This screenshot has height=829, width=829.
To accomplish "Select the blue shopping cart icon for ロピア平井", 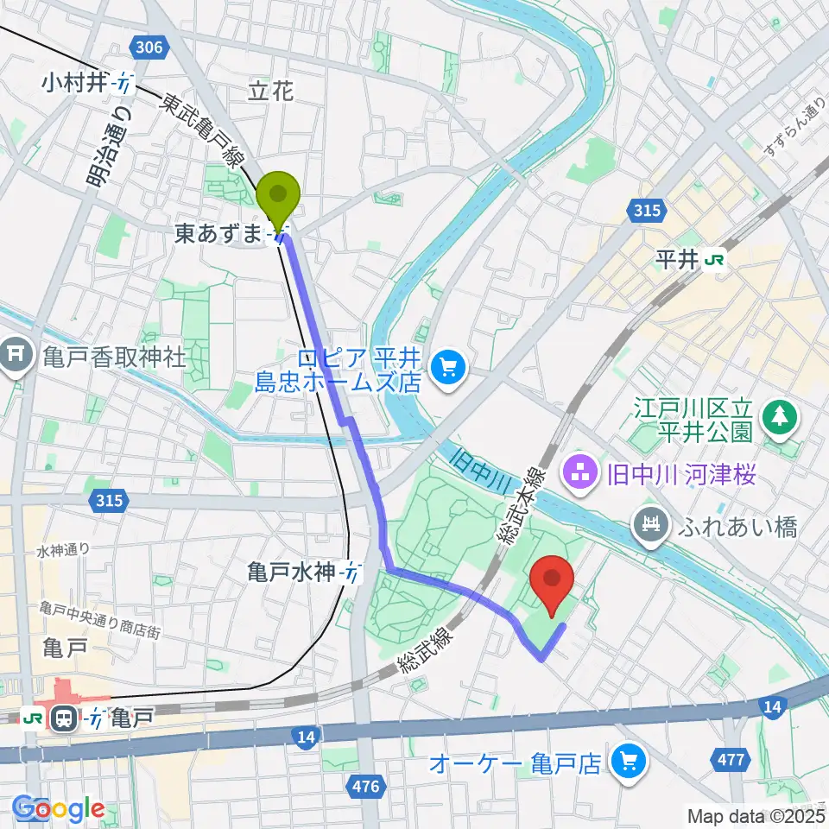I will [447, 368].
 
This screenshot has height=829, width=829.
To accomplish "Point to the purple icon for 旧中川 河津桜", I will [577, 471].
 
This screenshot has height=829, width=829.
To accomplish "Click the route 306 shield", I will [149, 47].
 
